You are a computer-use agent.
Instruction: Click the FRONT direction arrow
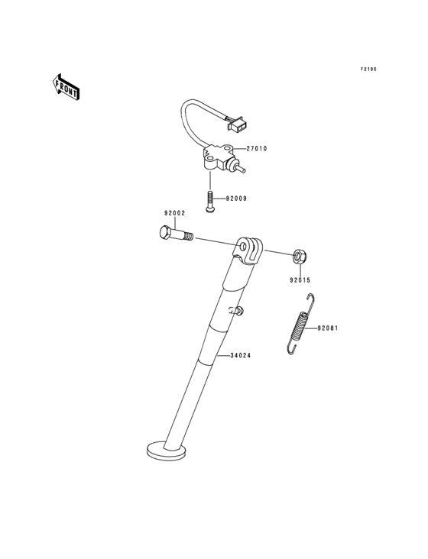(x=66, y=87)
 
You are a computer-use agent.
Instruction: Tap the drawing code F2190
(x=368, y=69)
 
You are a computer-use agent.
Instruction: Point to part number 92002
(x=174, y=214)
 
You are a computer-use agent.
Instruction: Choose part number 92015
(x=300, y=280)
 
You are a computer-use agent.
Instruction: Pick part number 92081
(x=326, y=328)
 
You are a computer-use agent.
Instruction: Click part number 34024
(x=240, y=355)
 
